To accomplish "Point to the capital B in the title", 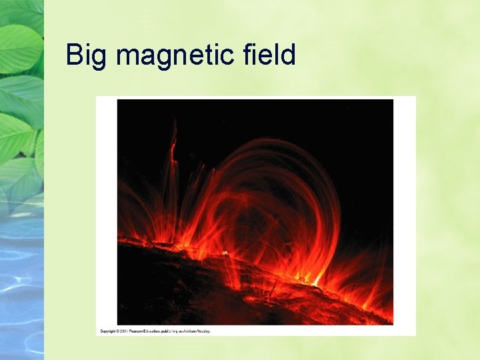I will point(73,55).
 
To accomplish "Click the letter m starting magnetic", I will point(127,57).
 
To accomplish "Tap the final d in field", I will point(289,55).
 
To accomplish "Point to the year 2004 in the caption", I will point(127,331).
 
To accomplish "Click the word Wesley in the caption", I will point(208,331).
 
